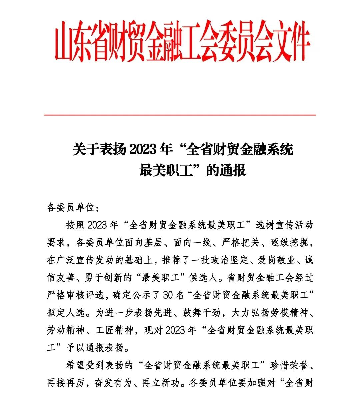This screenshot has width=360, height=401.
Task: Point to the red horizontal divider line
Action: click(180, 115)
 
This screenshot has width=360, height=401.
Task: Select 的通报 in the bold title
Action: click(226, 170)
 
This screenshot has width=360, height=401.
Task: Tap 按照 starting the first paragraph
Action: click(76, 225)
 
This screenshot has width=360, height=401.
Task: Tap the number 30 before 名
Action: click(169, 295)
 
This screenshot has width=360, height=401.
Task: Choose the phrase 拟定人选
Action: click(66, 313)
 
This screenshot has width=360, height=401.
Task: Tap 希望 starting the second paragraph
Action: click(76, 365)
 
